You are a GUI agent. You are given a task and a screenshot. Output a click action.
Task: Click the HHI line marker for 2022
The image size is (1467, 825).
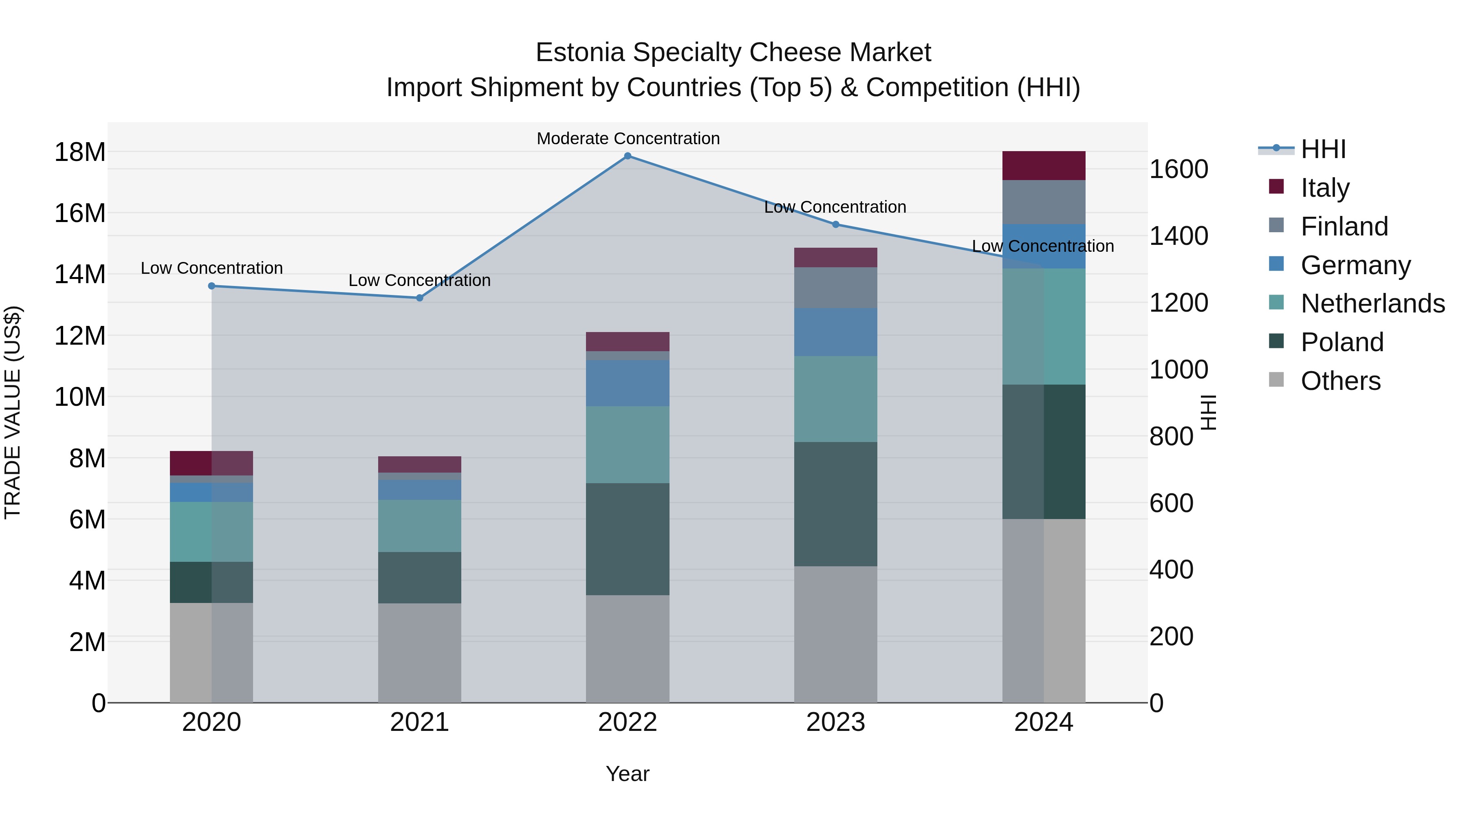pos(628,156)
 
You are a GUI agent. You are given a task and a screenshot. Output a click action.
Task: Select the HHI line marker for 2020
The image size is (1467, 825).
pos(212,286)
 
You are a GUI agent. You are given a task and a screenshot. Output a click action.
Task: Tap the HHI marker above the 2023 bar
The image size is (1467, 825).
pos(835,224)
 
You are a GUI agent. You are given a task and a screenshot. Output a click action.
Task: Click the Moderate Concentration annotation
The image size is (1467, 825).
pos(628,139)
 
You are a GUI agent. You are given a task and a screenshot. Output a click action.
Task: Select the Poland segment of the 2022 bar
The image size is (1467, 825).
pos(628,539)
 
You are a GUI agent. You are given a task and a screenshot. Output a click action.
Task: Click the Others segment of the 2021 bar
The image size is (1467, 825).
pos(420,653)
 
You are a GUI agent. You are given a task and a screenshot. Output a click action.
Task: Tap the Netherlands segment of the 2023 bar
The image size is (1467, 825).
pos(835,399)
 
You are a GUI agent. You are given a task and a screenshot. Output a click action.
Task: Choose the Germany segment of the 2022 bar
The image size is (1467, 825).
pos(628,383)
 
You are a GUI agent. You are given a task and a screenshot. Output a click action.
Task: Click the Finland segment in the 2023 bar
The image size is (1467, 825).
pos(835,288)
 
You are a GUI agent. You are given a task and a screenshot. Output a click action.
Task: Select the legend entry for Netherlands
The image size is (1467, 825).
pos(1372,304)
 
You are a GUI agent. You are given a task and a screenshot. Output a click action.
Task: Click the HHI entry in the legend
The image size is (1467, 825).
pos(1323,149)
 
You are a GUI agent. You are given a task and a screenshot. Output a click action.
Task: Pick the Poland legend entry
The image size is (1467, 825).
pos(1342,342)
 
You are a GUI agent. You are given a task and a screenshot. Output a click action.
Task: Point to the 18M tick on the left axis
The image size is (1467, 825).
pos(80,152)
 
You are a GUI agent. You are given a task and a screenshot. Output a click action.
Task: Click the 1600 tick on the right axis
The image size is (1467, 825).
pos(1178,169)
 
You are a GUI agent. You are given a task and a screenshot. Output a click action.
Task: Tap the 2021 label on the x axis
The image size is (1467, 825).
pos(420,722)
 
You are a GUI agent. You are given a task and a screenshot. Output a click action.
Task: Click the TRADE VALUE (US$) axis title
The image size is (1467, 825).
pos(13,412)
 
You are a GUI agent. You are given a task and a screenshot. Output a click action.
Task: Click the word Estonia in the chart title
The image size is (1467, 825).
pos(580,53)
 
